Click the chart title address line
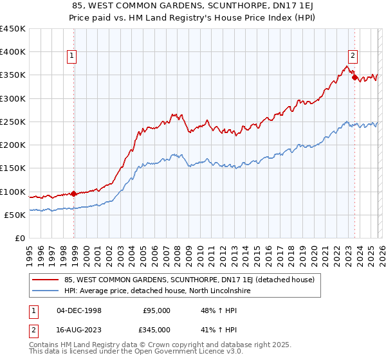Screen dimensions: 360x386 [x=193, y=5]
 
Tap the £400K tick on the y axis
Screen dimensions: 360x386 [x=13, y=52]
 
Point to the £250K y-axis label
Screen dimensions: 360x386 [x=13, y=122]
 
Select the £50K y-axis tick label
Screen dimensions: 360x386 [x=15, y=215]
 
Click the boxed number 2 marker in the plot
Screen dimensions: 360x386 [x=353, y=55]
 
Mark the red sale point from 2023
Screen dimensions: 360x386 [x=354, y=77]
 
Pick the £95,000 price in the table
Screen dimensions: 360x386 [x=156, y=310]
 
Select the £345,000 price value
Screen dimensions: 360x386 [x=156, y=329]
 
